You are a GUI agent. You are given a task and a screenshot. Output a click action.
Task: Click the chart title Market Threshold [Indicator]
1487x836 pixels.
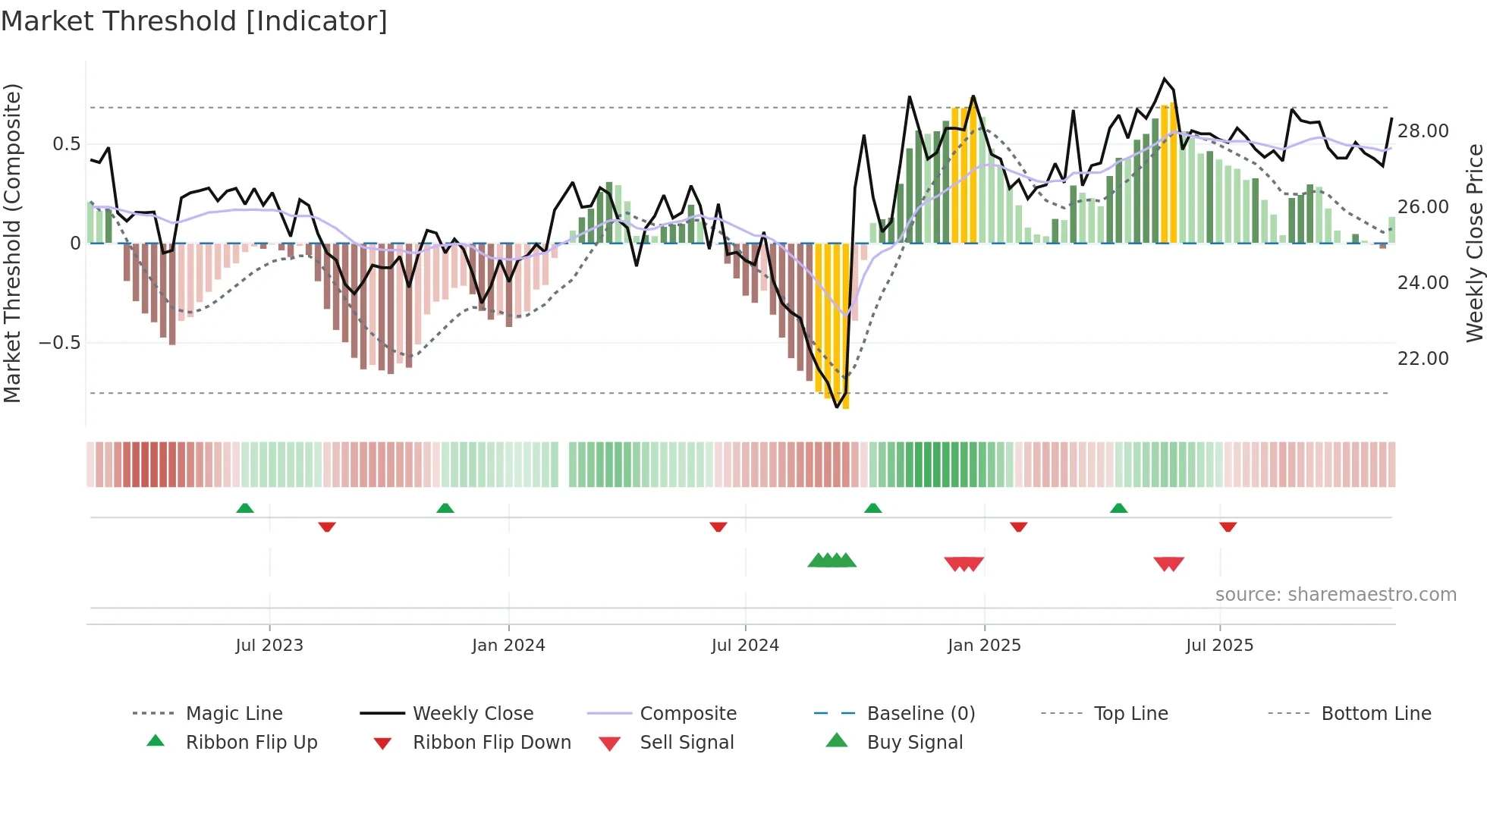[x=194, y=21]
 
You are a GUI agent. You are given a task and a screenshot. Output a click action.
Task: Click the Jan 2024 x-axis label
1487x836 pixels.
[x=508, y=646]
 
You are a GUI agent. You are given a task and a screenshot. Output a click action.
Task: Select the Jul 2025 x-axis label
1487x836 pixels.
[x=1219, y=646]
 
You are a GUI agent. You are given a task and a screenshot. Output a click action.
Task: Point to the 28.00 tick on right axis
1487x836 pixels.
[x=1423, y=131]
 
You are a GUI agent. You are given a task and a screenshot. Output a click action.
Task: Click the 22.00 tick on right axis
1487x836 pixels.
[x=1423, y=359]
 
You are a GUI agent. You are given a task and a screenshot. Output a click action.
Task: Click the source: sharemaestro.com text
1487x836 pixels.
[x=1335, y=595]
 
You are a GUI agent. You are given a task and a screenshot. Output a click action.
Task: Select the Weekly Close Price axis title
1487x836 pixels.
[x=1474, y=243]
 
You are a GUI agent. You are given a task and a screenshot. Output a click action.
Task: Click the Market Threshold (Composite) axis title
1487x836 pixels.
[x=12, y=243]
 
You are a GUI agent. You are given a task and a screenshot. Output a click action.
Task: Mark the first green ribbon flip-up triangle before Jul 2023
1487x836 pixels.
[x=245, y=508]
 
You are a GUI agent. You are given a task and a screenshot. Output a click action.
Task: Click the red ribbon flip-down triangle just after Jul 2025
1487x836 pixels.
[x=1228, y=526]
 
